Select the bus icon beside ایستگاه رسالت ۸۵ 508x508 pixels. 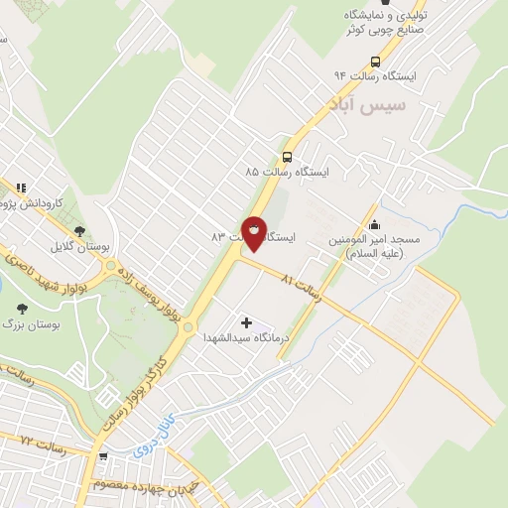pos(287,157)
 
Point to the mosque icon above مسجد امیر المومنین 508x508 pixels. pos(374,223)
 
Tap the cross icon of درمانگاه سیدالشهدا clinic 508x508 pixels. pos(246,321)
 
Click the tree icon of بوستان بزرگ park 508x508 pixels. pos(23,310)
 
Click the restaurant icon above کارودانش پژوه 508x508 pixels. pos(20,186)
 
